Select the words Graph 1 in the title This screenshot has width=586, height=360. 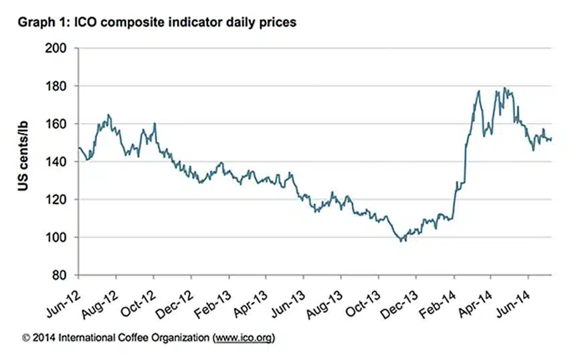pos(40,23)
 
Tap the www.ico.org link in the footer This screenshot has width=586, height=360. pos(243,339)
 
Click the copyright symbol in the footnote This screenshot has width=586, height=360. pos(25,339)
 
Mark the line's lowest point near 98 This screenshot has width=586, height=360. pos(402,240)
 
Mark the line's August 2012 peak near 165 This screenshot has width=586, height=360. pos(108,115)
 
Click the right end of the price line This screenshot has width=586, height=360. pos(551,139)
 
